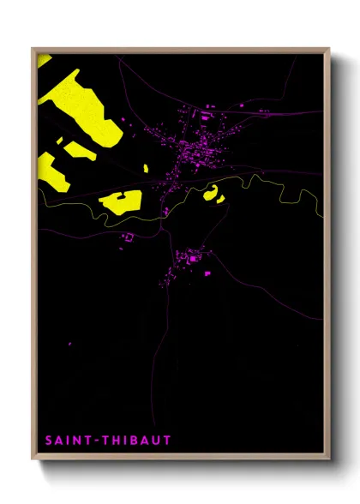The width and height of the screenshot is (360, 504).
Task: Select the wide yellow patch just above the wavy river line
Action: click(120, 201)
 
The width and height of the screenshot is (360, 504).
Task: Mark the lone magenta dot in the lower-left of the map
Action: click(70, 345)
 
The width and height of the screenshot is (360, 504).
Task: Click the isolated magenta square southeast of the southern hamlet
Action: click(207, 274)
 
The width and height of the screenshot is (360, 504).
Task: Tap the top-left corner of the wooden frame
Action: click(33, 49)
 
